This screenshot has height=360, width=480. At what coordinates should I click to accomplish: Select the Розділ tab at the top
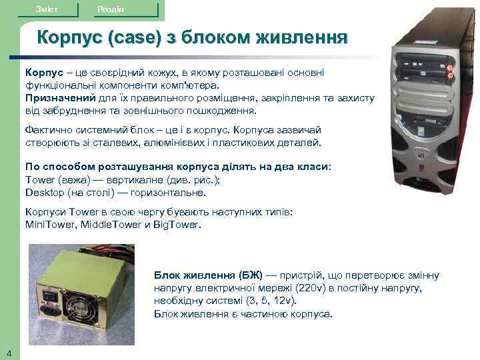coord(109,9)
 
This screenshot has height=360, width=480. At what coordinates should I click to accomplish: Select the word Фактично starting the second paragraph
coord(46,129)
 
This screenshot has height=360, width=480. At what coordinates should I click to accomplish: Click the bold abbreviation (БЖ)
coord(251,275)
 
